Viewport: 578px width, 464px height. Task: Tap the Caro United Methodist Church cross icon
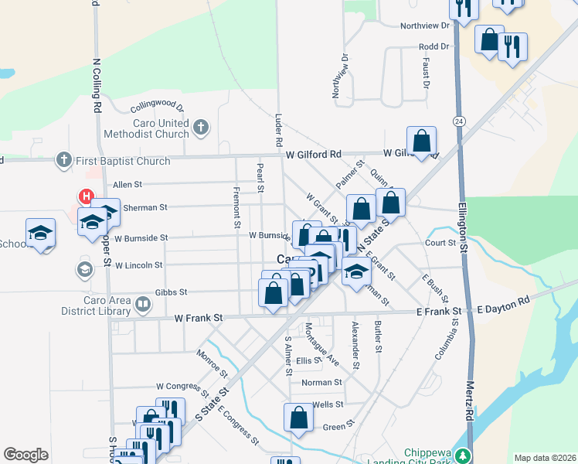(200, 127)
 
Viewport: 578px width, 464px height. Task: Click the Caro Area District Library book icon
(142, 305)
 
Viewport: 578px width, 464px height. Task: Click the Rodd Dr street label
(433, 46)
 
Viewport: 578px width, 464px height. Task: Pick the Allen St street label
(127, 185)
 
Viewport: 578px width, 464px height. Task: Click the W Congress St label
(183, 385)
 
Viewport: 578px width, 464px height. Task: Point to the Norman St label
(321, 382)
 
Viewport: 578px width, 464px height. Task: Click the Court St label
(440, 243)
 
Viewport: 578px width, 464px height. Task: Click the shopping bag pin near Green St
(298, 418)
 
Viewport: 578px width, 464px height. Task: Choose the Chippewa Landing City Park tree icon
(463, 455)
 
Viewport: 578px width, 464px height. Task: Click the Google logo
(25, 455)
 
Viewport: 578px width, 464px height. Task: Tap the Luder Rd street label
(278, 131)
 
